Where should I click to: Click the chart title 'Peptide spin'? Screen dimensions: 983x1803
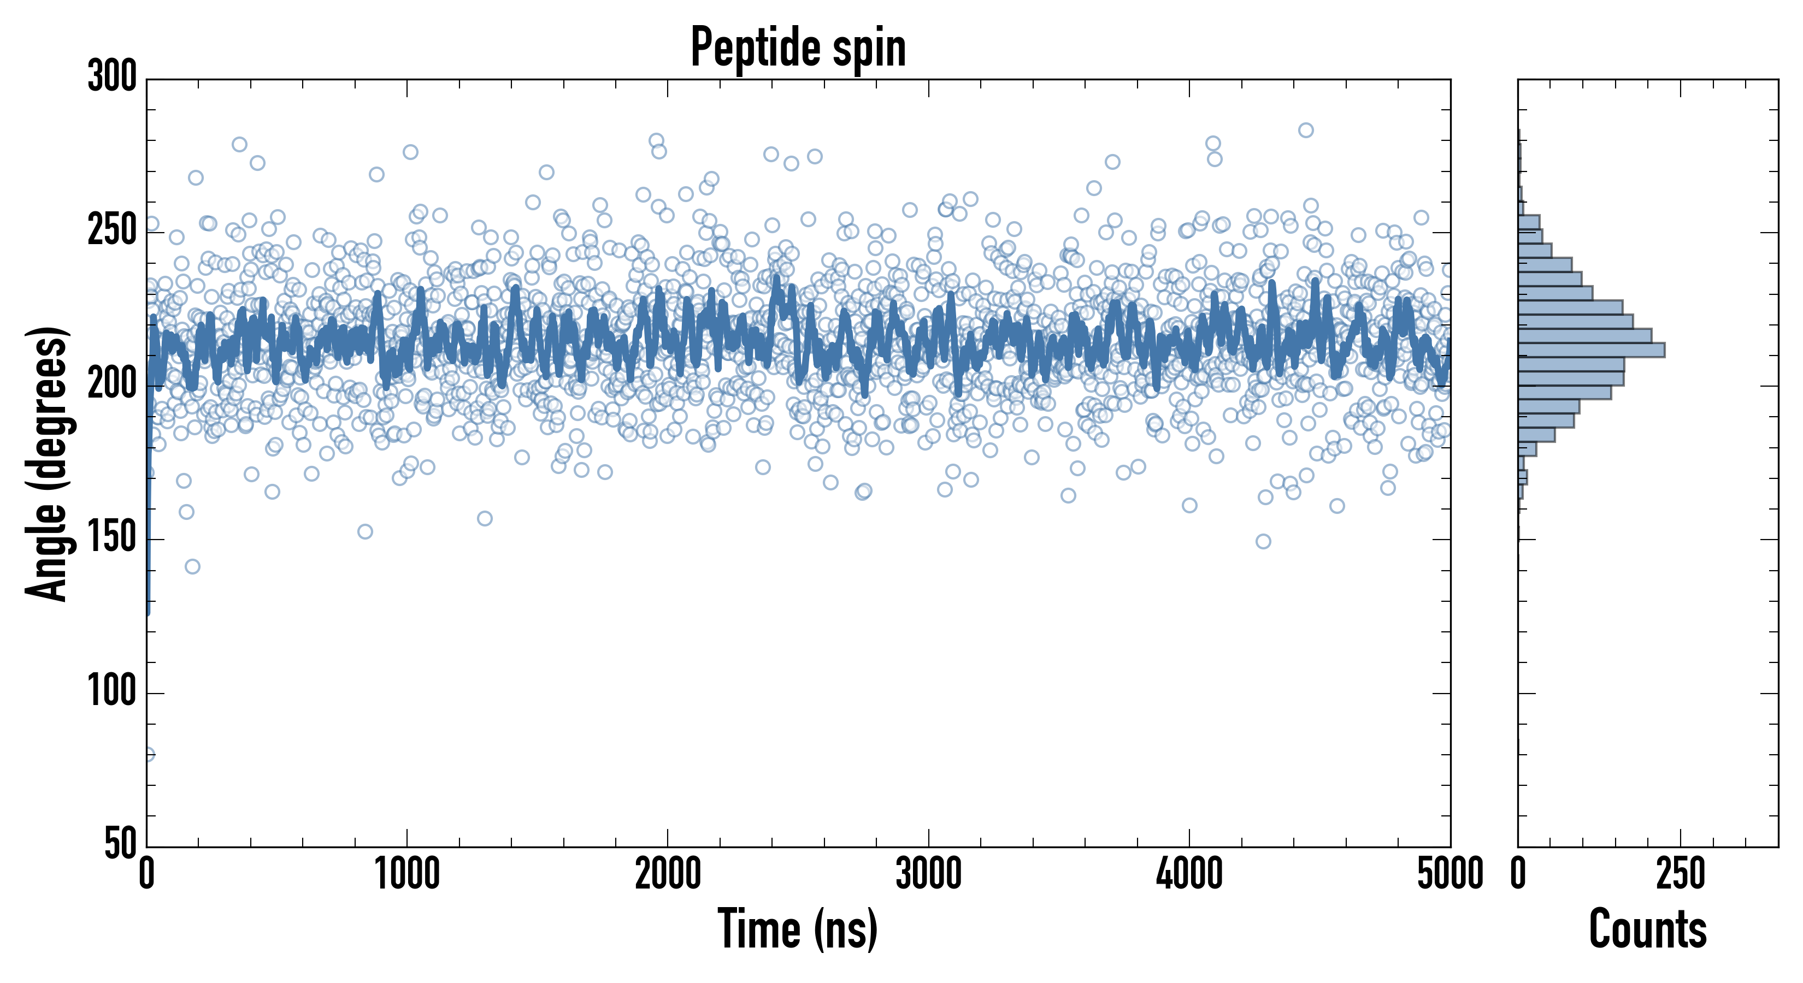coord(798,48)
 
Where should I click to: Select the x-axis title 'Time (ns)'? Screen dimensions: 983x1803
coord(797,929)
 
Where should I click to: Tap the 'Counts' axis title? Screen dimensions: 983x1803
coord(1648,929)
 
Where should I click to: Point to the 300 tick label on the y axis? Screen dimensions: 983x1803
coord(112,76)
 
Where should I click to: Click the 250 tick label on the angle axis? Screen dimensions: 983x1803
coord(112,231)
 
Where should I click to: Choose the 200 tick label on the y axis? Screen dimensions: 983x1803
coord(112,385)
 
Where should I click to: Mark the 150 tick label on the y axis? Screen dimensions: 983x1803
coord(112,538)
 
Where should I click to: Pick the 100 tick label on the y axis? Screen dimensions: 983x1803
coord(112,692)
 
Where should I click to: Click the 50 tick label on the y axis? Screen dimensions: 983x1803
coord(120,844)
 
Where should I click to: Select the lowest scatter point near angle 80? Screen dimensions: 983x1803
coord(148,754)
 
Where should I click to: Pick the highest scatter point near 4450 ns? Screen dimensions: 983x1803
coord(1305,130)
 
